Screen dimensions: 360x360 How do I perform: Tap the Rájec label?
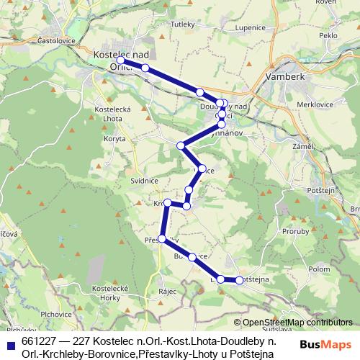[168, 291]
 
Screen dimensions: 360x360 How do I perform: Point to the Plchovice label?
[55, 314]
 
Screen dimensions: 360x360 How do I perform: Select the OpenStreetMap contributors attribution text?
[297, 323]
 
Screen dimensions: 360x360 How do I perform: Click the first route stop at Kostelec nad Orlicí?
[122, 61]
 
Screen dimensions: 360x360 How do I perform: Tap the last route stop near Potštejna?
[240, 280]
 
